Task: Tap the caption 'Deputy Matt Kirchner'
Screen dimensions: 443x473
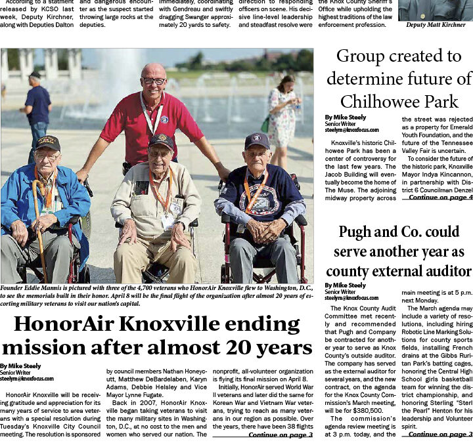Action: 435,24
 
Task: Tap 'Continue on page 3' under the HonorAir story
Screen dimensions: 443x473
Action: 281,434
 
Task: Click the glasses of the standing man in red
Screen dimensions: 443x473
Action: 154,81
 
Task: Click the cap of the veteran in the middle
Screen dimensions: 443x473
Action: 161,140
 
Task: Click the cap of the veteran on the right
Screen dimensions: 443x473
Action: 257,140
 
